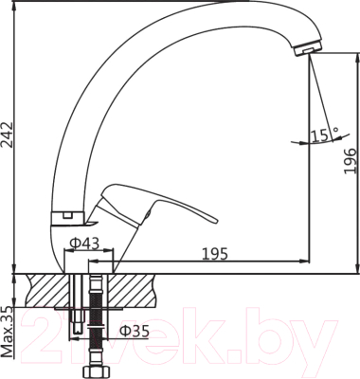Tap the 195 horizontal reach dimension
coord(215,251)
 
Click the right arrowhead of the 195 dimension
coord(307,261)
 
